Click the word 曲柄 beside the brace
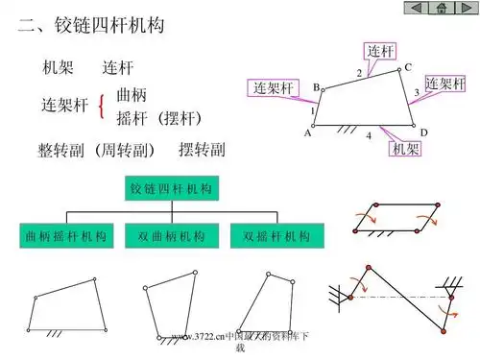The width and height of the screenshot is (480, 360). coord(132,95)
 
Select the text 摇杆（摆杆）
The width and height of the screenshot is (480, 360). coord(158,118)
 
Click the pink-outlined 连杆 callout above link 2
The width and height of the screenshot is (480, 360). coord(382,50)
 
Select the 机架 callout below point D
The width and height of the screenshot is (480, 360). coord(405,151)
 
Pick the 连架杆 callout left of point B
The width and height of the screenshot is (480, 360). coord(273,88)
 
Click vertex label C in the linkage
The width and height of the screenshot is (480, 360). coord(407,67)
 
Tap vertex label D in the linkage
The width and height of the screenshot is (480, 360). coord(423,132)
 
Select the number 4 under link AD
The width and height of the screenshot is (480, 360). coord(369,136)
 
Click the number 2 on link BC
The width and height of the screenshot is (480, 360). coord(359,74)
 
